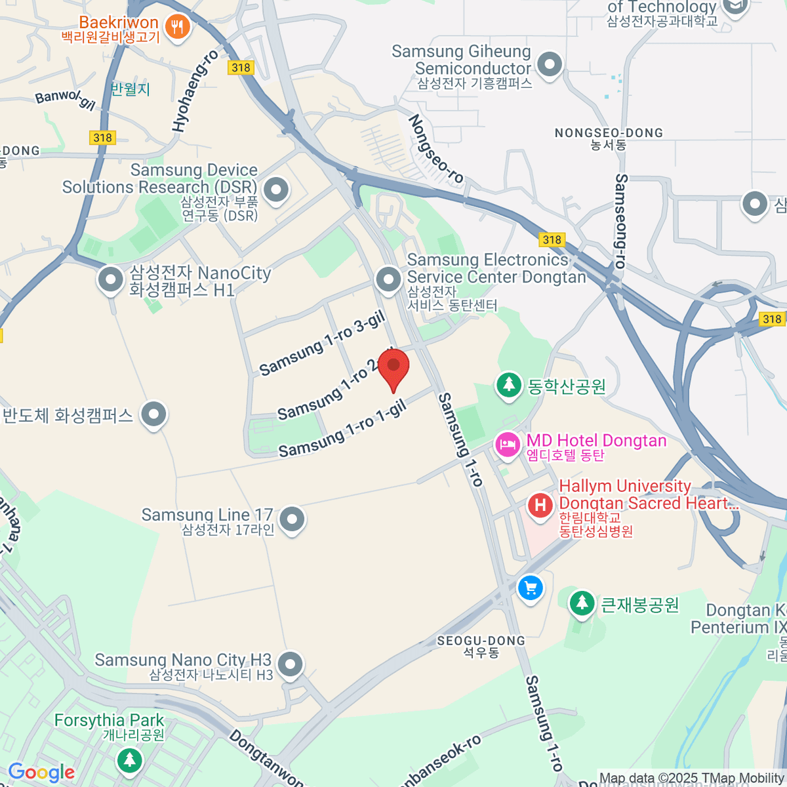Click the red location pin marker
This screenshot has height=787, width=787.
pos(393,367)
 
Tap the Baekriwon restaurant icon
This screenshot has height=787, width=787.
pos(177,27)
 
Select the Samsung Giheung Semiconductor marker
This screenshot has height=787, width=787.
pos(549,64)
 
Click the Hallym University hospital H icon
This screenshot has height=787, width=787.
pos(540,506)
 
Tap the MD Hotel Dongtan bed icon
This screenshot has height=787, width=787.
pos(508,444)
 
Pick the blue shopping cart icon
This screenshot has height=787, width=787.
pos(531,587)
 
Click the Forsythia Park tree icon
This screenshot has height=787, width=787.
pos(129,760)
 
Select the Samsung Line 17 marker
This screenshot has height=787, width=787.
pos(292,519)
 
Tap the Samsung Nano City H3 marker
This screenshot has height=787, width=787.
pos(290,664)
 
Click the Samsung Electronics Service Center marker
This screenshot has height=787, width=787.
pos(388,279)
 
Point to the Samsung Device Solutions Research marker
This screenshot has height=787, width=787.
pos(276,190)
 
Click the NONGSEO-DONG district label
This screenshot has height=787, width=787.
pos(609,133)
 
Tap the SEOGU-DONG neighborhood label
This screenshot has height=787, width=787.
pos(481,641)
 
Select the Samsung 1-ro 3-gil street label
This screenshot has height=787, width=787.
pos(322,344)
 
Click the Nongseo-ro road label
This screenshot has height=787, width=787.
pos(436,149)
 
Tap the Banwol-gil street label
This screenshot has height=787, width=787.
pos(66,98)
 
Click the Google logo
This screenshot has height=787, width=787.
pos(41,773)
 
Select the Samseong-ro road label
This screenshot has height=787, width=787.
pos(620,221)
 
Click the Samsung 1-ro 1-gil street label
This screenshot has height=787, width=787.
pos(343,430)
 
